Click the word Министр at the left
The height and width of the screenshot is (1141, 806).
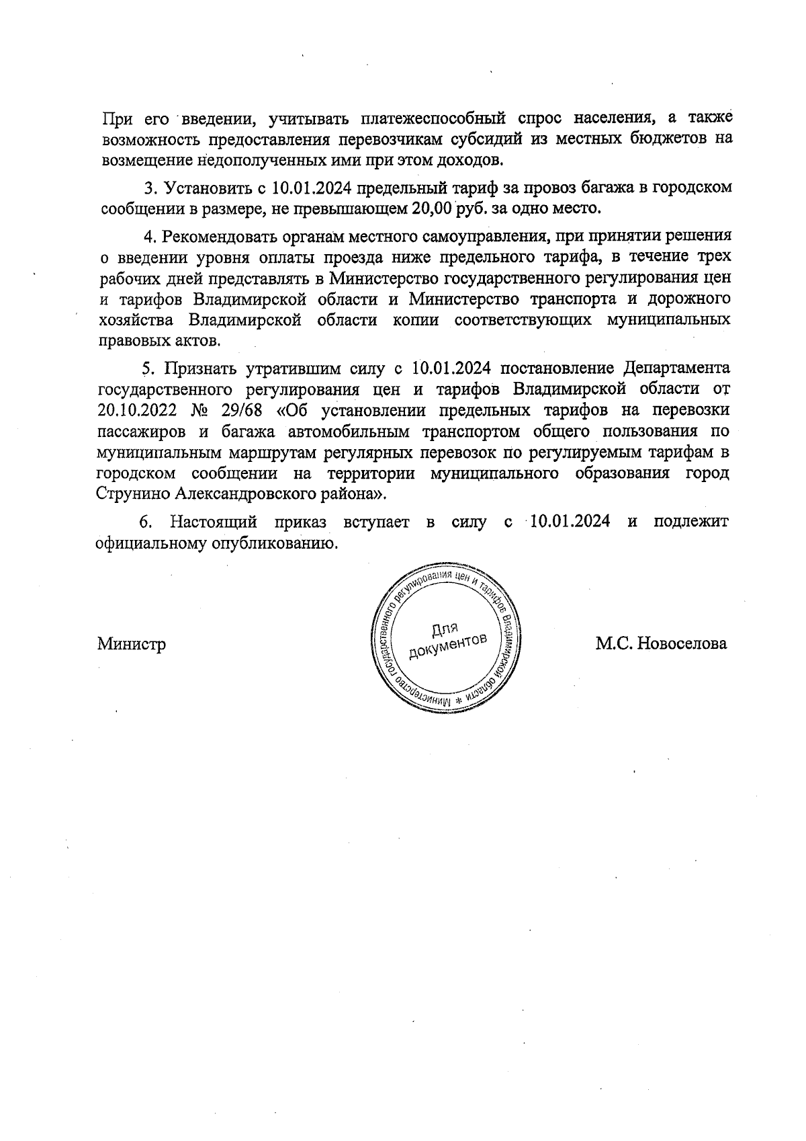coord(132,643)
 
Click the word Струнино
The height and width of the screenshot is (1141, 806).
coord(133,493)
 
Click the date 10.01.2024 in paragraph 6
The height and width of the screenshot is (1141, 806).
coord(570,522)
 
